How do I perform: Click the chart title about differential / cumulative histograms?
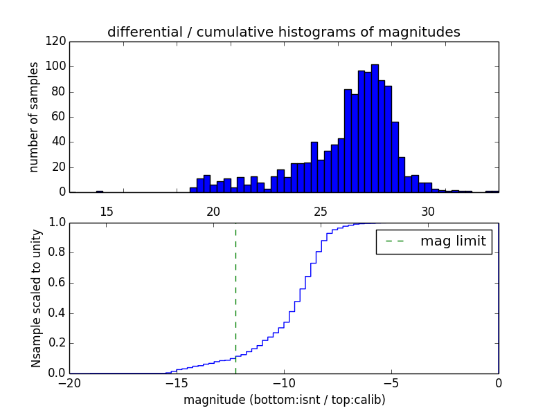[283, 32]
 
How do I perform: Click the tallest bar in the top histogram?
[375, 129]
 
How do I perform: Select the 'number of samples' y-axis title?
[34, 117]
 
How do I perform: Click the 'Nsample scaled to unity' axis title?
[36, 297]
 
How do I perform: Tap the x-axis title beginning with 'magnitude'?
[284, 400]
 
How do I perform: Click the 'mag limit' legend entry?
[434, 242]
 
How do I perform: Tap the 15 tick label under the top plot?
[106, 211]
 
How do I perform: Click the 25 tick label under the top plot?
[321, 211]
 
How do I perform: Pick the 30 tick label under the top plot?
[428, 211]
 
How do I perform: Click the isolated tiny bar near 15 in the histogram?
[100, 192]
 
